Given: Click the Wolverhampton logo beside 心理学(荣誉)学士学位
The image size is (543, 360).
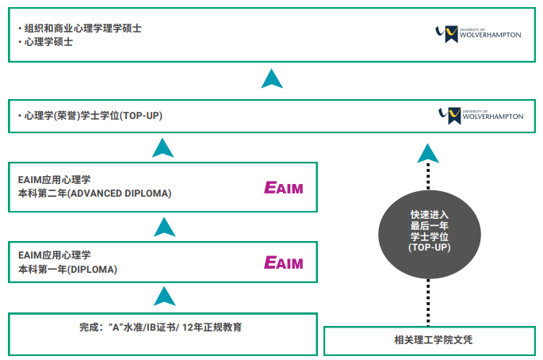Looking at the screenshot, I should tap(480, 116).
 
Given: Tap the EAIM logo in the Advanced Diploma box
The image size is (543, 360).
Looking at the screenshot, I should tap(284, 188).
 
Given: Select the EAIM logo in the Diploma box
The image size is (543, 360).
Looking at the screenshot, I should tap(284, 262).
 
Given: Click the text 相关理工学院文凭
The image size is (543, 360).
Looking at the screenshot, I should tap(428, 340).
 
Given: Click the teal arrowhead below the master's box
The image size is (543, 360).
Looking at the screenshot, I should tap(272, 79).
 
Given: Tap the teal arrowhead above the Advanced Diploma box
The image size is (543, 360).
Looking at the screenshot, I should tap(163, 147).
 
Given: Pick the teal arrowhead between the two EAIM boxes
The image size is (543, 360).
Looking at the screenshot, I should tap(163, 228).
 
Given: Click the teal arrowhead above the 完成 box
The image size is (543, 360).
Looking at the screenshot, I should tap(163, 297).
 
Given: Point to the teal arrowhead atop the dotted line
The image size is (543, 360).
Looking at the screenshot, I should tap(428, 153).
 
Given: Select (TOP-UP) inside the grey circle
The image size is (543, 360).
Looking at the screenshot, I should tap(429, 247).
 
